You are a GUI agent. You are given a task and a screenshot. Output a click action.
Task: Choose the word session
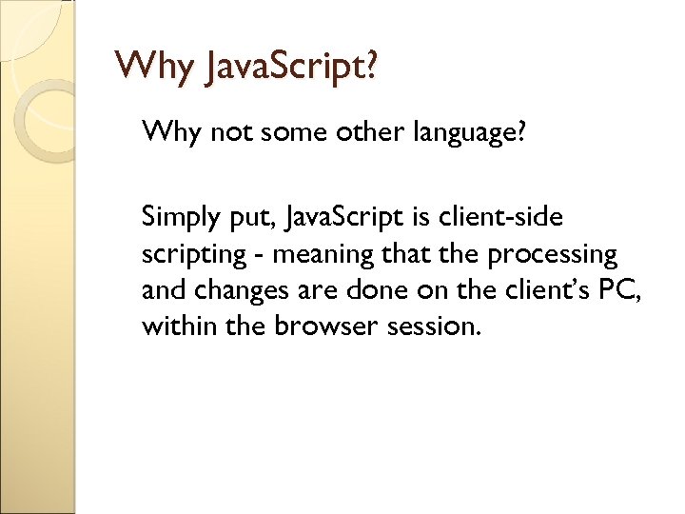point(438,326)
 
